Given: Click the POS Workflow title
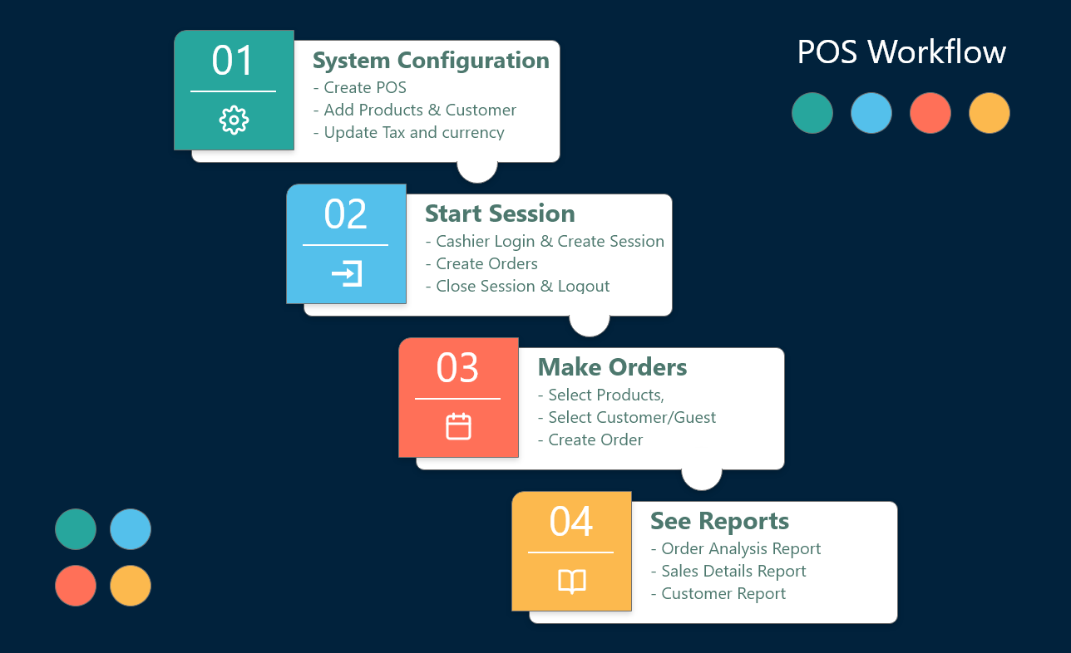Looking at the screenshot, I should point(901,52).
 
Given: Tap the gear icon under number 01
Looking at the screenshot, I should point(234,120).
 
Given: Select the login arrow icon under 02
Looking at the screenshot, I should point(346,273).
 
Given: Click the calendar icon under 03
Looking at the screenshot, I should point(458,426).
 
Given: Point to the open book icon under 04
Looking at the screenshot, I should point(571,581).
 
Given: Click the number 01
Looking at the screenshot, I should point(233,61).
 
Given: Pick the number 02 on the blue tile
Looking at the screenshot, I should point(345,214).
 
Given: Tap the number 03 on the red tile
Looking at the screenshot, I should point(458,368).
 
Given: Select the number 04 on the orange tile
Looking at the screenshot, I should point(571,522).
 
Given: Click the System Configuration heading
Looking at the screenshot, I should point(431,61).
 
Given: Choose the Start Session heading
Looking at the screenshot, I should point(500,214).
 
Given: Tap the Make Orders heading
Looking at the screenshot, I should point(612,367).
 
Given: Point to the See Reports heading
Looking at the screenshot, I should point(719,521).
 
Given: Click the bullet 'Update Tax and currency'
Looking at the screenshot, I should point(409,133).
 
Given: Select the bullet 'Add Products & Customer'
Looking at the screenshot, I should point(415,110).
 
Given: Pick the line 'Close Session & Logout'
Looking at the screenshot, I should point(517,287).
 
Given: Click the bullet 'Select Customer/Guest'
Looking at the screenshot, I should point(627,418).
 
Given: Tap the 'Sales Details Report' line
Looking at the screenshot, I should point(728,572).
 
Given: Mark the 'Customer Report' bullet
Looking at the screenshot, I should point(718,594).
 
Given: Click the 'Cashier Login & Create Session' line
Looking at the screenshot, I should point(545,242).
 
